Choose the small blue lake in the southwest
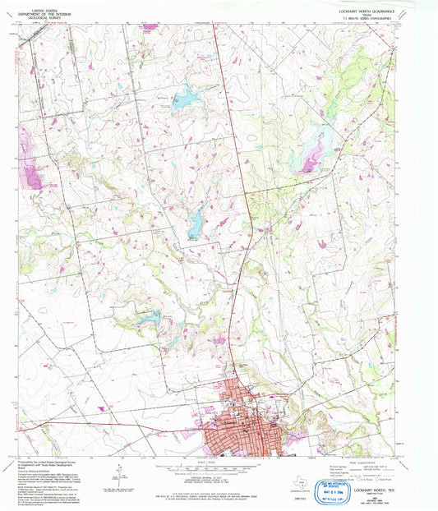click(148, 316)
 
